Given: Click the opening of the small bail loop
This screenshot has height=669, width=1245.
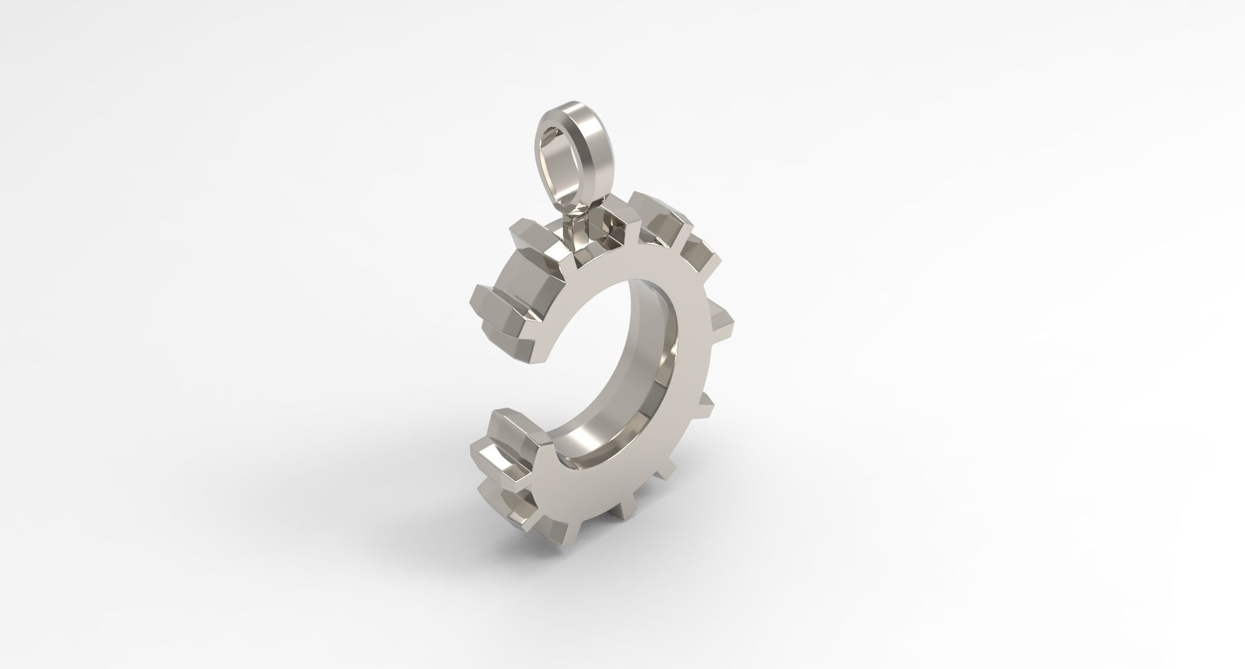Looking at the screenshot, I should (559, 159).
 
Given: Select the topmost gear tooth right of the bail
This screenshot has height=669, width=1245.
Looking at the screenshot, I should (658, 211).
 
